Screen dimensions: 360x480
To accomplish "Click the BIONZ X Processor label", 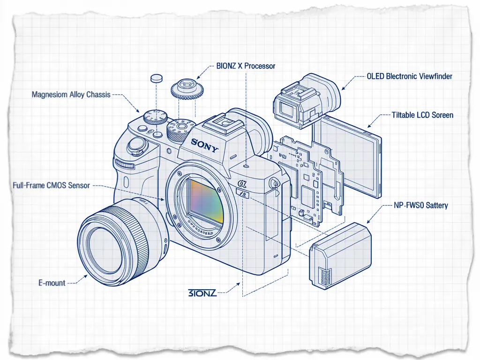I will coord(246,66).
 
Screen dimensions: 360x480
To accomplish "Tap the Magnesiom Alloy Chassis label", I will coord(71,95).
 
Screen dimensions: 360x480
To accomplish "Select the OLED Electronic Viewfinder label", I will coord(409,76).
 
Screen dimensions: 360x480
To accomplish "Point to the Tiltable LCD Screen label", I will coord(422,115).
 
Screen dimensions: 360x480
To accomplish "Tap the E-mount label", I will coord(52,283).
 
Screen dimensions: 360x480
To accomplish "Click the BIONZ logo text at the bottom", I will coord(202,293).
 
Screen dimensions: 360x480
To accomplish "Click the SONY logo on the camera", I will coord(205,146).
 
